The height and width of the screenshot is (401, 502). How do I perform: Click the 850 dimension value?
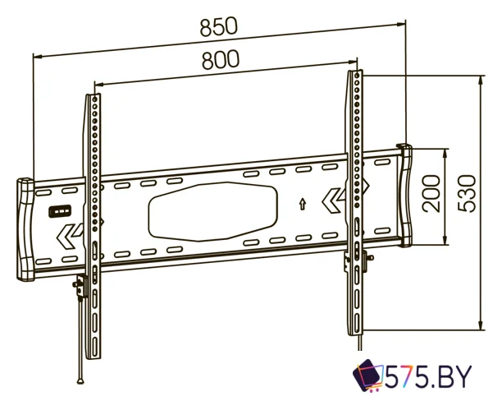(219, 26)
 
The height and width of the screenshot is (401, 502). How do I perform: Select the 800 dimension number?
(221, 60)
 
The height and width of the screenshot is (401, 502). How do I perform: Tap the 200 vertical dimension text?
(431, 193)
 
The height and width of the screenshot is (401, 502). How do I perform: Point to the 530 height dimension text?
(467, 193)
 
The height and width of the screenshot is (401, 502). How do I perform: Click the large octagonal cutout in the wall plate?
(213, 211)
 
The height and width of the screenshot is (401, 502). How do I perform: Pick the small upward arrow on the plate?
(302, 204)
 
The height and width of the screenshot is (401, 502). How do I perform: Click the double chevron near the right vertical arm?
(332, 200)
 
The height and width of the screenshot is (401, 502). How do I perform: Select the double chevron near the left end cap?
(68, 237)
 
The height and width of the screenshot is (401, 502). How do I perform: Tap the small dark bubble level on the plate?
(60, 211)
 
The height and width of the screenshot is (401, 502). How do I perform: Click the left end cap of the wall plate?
(25, 229)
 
